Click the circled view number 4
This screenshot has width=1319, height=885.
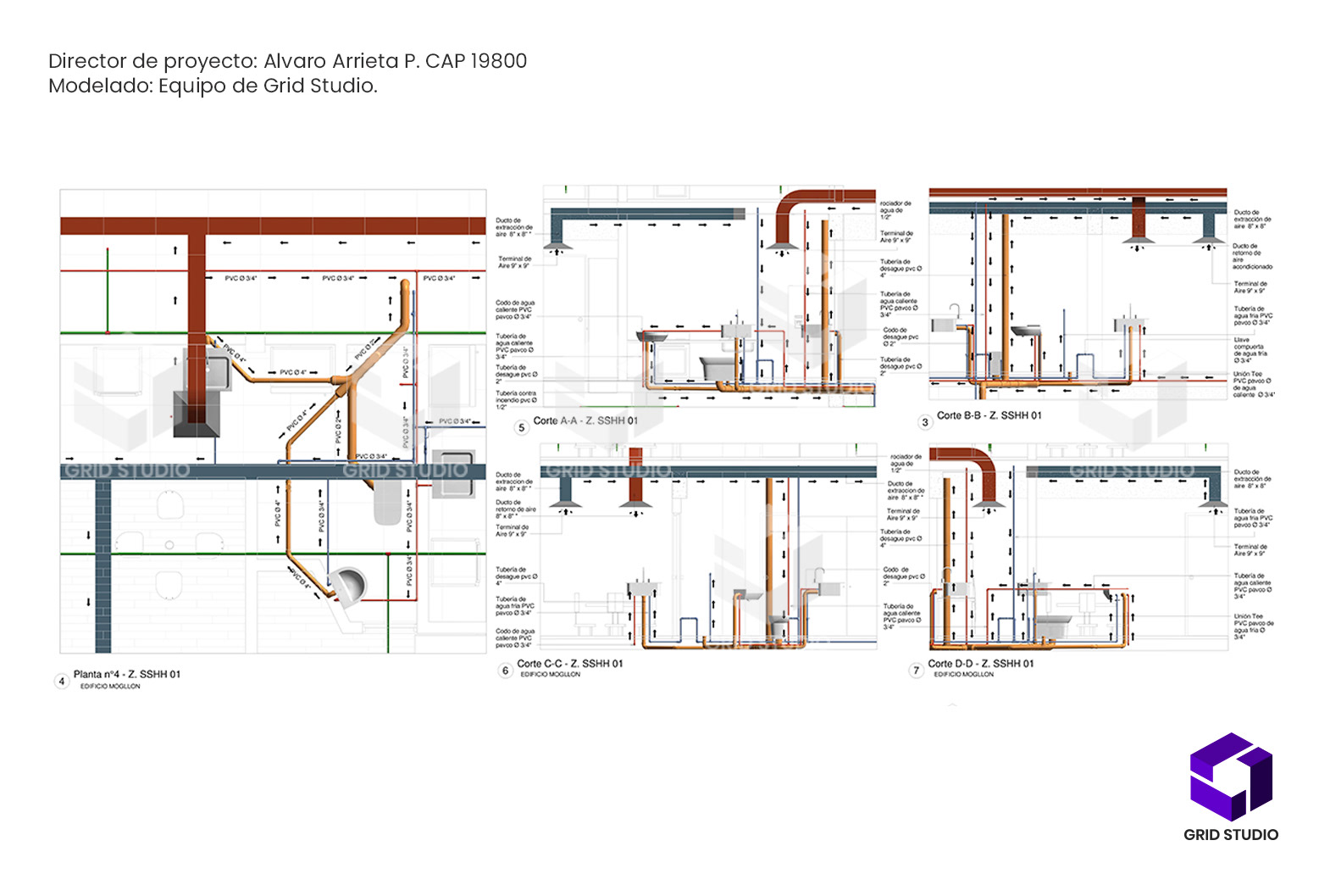point(61,681)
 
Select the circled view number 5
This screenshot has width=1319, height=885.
point(522,427)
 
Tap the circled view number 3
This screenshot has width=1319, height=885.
point(925,421)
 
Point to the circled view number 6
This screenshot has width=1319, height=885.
point(506,671)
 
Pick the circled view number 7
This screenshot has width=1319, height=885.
point(916,671)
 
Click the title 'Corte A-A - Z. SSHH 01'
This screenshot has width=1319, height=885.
point(585,420)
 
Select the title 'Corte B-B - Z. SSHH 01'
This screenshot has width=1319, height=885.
point(989,415)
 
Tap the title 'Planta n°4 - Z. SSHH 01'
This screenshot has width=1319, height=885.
point(126,674)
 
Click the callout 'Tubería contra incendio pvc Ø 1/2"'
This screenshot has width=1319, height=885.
point(515,400)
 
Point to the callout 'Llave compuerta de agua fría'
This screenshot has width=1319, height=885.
point(1250,350)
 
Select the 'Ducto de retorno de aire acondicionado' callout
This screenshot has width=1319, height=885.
point(1251,256)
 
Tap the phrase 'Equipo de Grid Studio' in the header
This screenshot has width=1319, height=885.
point(267,86)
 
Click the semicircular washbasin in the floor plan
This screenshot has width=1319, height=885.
point(349,584)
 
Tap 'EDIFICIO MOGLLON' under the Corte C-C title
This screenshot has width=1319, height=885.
point(550,675)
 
